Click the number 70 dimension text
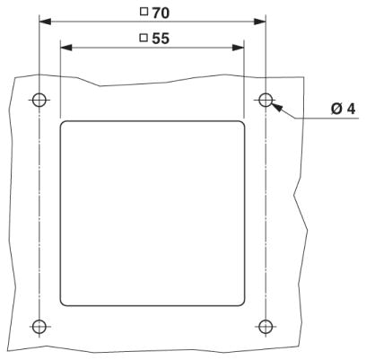click(161, 13)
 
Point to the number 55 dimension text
click(161, 39)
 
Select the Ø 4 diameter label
click(344, 109)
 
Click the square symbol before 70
click(144, 12)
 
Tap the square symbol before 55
click(144, 38)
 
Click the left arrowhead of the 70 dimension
click(45, 22)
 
